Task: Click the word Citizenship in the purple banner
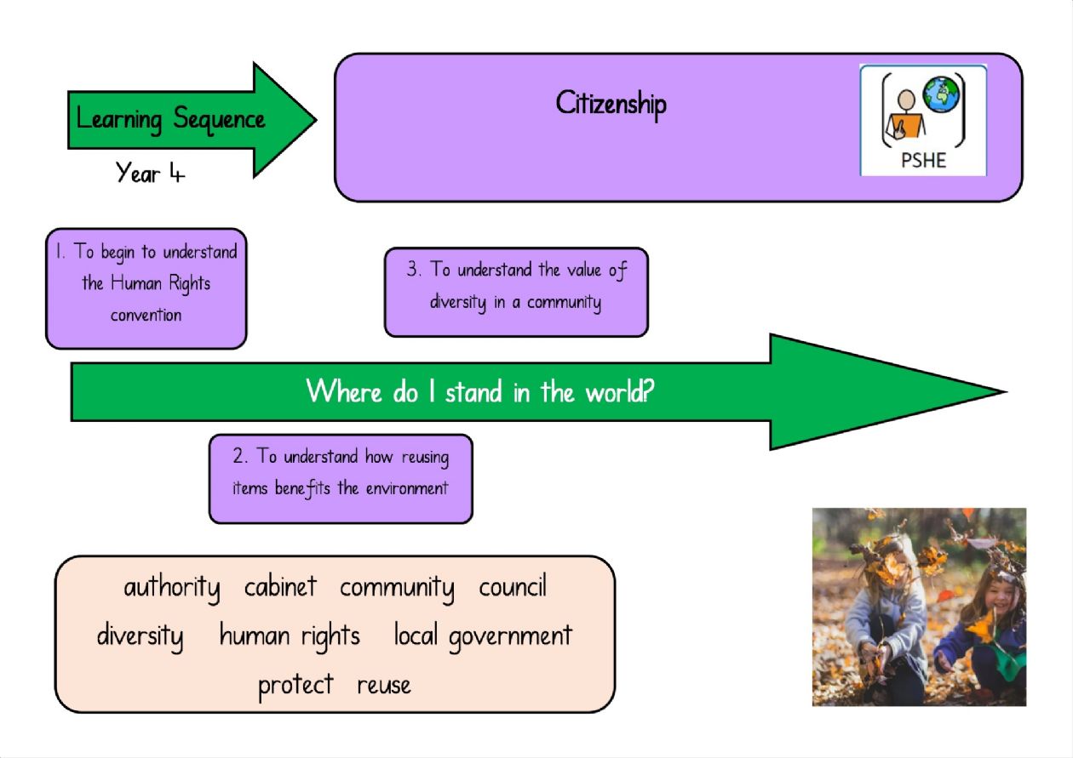point(611,105)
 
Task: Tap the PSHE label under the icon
point(923,160)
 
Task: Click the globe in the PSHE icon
point(941,94)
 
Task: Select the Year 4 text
point(150,173)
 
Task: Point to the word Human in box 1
point(136,282)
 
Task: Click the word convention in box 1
point(146,315)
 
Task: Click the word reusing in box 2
point(426,458)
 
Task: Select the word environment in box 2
point(407,488)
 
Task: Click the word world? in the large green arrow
point(620,391)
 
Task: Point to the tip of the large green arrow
point(1006,392)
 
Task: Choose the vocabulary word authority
point(172,588)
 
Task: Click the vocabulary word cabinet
point(281,585)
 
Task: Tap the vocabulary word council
point(513,585)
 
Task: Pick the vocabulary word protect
point(296,687)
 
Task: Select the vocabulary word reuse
point(384,687)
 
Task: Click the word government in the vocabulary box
point(511,637)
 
